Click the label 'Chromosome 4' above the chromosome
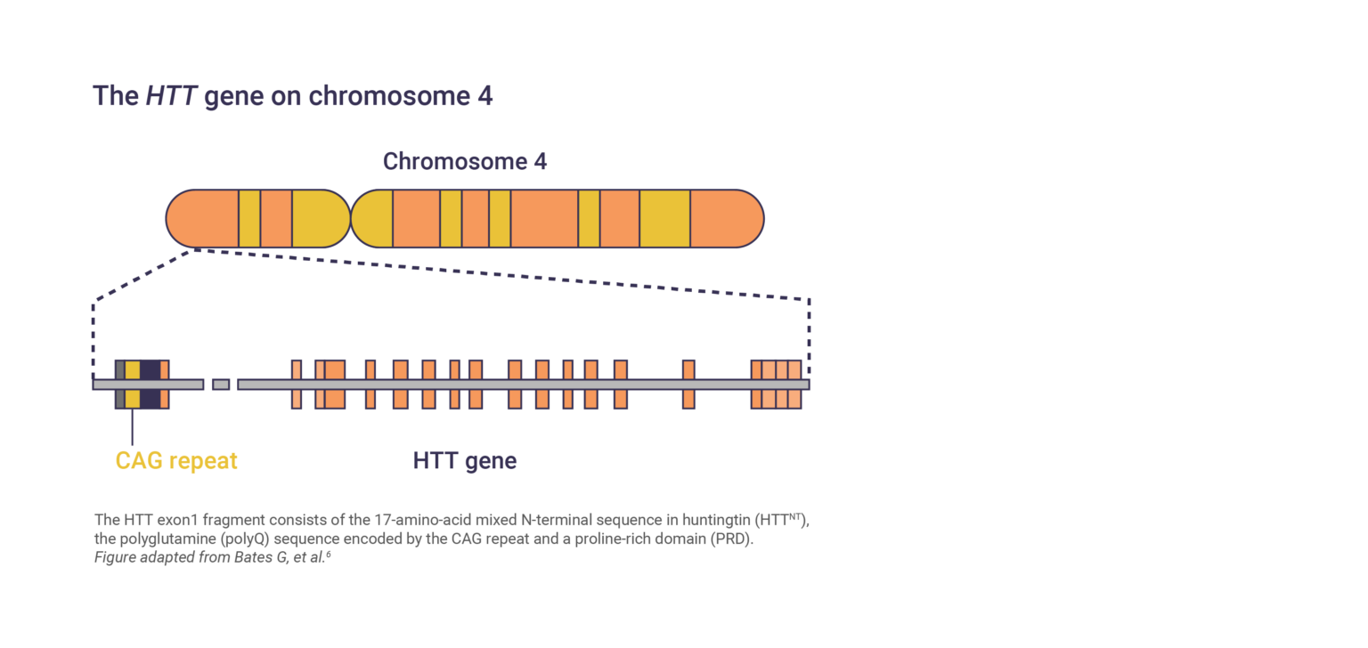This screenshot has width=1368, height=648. (464, 161)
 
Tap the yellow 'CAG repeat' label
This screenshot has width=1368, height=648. (176, 460)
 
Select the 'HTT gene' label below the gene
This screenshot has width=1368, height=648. (464, 460)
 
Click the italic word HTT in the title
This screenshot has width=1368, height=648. (171, 96)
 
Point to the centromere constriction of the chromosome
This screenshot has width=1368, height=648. (351, 218)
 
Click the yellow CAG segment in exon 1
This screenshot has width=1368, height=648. (132, 384)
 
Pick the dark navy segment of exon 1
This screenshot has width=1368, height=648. (151, 384)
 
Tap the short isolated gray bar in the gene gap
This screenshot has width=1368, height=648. (221, 384)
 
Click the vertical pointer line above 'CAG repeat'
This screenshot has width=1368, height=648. (132, 427)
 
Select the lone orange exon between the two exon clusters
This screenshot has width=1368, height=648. (688, 384)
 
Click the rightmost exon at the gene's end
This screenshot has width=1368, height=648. (794, 384)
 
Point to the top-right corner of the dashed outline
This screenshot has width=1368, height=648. (809, 300)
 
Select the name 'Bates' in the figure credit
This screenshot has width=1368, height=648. (228, 558)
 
